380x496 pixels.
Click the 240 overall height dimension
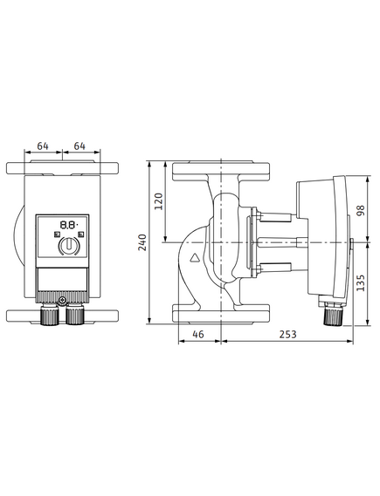(x=143, y=242)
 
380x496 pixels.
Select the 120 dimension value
(x=159, y=201)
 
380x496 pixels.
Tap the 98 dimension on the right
(x=361, y=210)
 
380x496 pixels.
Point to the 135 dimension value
(x=361, y=282)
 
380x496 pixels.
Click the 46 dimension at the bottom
(x=198, y=334)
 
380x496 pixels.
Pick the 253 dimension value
(x=287, y=334)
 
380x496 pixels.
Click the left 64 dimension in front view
(x=43, y=146)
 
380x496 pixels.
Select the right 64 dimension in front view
(x=79, y=146)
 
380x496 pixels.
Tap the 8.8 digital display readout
(x=68, y=225)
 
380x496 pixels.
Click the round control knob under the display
(x=68, y=246)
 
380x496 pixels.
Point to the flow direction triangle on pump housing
(x=194, y=258)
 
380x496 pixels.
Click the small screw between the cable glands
(x=62, y=300)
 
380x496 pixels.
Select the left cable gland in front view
(x=50, y=314)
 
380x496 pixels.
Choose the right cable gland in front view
(x=75, y=314)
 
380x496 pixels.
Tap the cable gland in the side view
(x=334, y=315)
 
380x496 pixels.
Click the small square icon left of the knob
(x=57, y=234)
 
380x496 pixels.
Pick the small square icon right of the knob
(x=81, y=234)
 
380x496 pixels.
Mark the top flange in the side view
(x=221, y=171)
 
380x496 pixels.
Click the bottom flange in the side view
(x=221, y=314)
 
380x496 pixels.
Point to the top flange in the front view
(x=62, y=167)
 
